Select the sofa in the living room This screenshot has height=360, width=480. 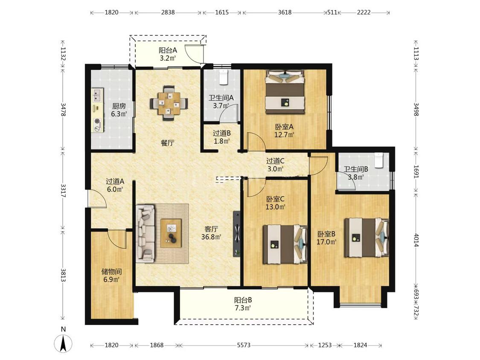[x=145, y=233]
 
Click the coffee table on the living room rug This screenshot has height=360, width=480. [x=171, y=233]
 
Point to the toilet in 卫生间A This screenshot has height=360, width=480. [x=224, y=77]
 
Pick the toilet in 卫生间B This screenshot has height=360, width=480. [x=379, y=160]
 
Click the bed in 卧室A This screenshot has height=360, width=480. [x=285, y=92]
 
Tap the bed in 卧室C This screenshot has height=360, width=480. [x=285, y=244]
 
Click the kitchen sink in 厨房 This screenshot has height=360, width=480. [x=98, y=95]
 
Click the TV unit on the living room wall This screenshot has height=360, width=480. [x=236, y=234]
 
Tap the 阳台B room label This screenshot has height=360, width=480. [x=243, y=300]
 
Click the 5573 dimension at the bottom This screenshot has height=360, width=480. [x=244, y=345]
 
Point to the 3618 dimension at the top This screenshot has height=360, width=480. [x=285, y=12]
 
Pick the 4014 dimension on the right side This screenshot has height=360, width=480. [x=416, y=240]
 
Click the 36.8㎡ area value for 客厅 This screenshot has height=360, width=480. [x=211, y=237]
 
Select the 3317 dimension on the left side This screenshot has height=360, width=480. [x=63, y=190]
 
